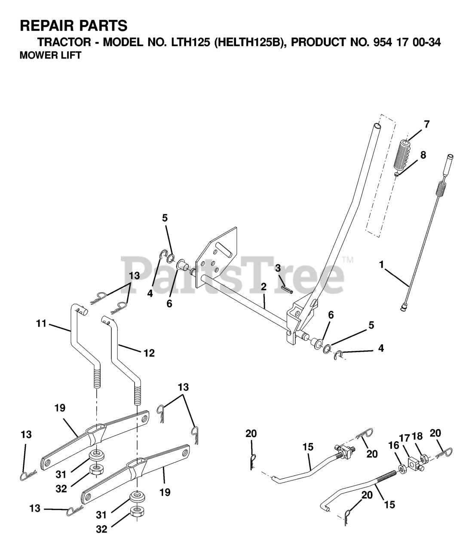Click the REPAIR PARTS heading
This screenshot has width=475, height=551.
(74, 26)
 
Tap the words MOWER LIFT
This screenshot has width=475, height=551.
(50, 56)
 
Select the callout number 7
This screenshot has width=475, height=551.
(426, 124)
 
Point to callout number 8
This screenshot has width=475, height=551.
(423, 155)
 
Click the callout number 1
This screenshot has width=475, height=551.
(381, 265)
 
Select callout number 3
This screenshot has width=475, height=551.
(278, 268)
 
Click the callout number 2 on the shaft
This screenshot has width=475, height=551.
(263, 287)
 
